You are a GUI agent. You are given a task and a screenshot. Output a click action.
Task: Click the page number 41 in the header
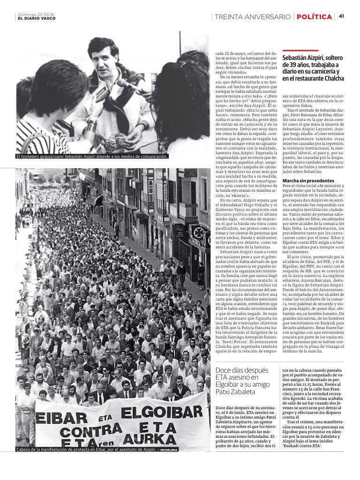click(x=341, y=16)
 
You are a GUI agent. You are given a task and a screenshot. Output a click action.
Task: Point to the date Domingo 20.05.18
click(x=36, y=14)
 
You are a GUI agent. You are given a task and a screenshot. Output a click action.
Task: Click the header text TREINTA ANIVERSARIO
click(x=252, y=17)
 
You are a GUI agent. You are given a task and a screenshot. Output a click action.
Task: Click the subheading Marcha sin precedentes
click(x=308, y=180)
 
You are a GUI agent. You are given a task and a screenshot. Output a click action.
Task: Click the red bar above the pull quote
click(x=300, y=51)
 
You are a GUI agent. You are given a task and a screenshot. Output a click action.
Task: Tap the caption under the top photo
click(x=92, y=157)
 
